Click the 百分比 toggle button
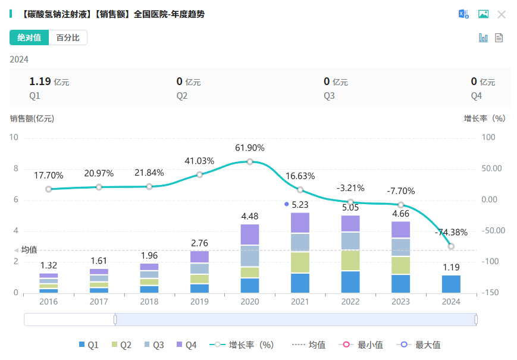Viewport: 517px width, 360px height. point(68,37)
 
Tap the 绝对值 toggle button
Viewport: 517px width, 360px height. point(29,37)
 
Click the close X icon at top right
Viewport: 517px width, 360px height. point(502,14)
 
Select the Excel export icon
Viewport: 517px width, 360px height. point(463,14)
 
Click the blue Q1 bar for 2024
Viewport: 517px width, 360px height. point(451,284)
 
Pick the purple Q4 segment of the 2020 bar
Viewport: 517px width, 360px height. point(250,234)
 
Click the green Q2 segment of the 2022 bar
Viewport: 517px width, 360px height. point(350,260)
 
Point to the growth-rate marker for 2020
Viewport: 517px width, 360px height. point(250,162)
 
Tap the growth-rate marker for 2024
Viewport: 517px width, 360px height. point(451,246)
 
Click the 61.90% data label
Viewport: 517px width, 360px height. point(250,148)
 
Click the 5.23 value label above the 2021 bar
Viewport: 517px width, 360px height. point(300,204)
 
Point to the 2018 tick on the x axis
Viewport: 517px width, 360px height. point(149,302)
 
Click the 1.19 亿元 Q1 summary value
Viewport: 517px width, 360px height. point(49,82)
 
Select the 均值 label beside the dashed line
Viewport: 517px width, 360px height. point(29,250)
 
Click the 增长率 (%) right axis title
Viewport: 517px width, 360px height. point(484,118)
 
